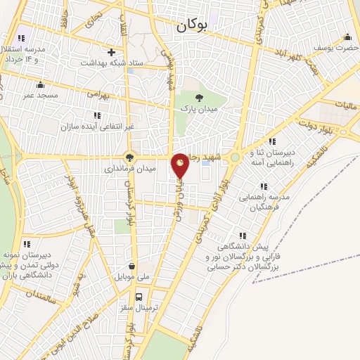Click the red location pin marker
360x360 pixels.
pos(181,166)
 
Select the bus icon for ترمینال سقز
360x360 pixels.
pos(139,297)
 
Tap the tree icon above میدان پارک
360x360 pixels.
pos(199,98)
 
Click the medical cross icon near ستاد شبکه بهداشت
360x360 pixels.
pos(111,51)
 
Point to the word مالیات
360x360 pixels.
pos(345,105)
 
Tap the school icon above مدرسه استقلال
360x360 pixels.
pos(20,38)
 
